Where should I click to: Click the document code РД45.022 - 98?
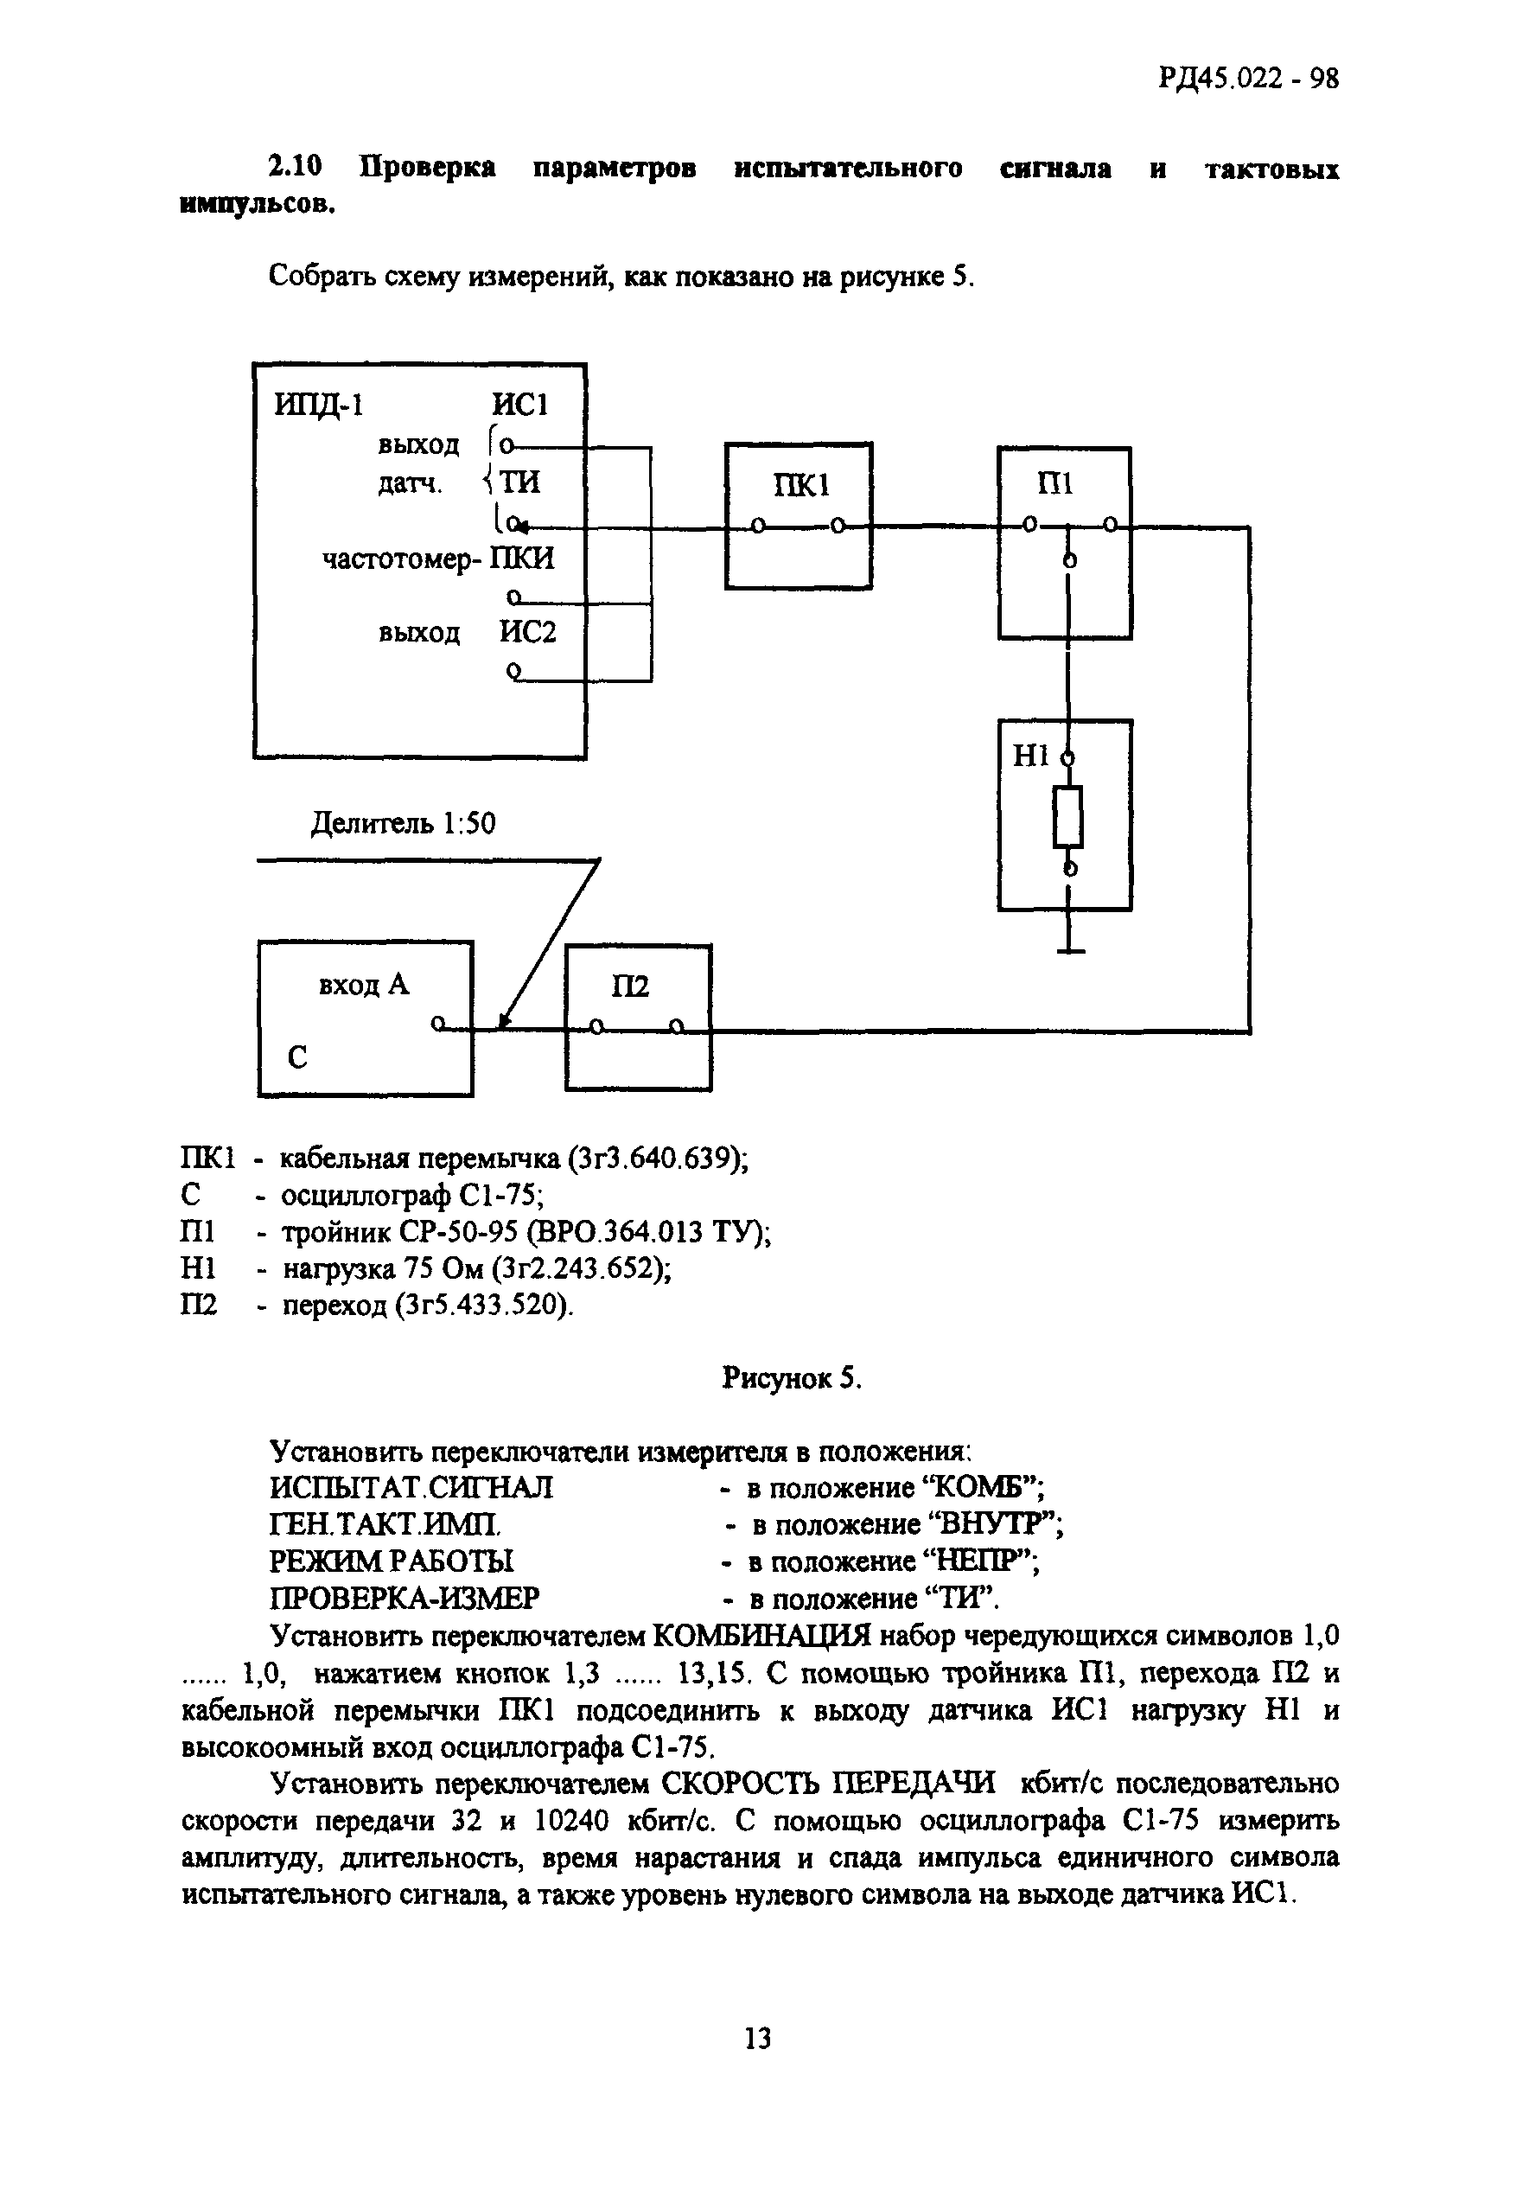[x=1247, y=77]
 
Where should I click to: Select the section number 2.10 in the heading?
[x=295, y=168]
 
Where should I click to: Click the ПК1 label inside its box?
[x=800, y=487]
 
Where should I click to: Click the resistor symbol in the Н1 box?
[x=1068, y=817]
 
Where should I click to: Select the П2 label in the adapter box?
[x=629, y=986]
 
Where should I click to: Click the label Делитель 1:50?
[x=404, y=823]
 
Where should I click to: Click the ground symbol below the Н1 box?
[x=1070, y=950]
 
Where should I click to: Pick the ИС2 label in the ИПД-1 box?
[x=527, y=632]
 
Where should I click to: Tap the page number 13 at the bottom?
[x=756, y=2040]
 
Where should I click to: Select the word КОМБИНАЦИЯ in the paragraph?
[x=761, y=1637]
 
